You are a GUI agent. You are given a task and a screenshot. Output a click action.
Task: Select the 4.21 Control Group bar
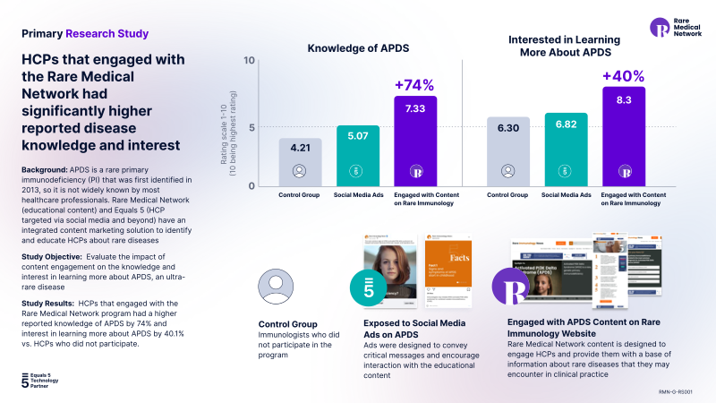[x=300, y=161]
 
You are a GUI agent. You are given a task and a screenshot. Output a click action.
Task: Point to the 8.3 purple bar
[x=623, y=135]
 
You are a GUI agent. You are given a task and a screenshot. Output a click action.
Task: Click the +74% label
[x=414, y=86]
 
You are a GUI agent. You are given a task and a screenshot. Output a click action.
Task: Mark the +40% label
[x=623, y=76]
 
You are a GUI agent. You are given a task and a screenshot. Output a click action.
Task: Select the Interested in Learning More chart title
[x=566, y=46]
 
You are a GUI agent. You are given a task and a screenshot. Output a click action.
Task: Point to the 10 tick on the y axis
[x=250, y=62]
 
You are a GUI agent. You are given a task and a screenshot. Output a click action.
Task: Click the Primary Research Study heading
[x=85, y=34]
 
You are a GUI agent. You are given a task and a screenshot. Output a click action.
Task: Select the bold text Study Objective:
[x=48, y=256]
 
